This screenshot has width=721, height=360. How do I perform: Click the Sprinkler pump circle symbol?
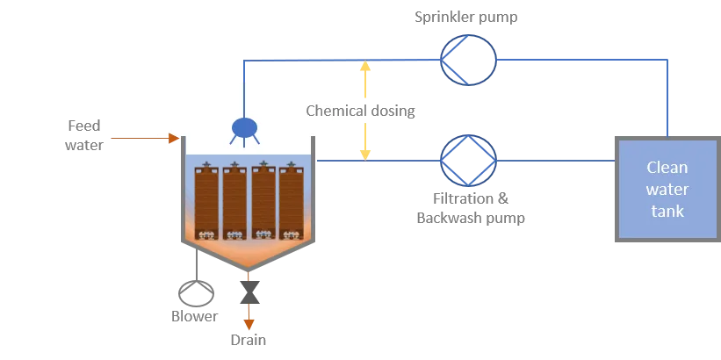tap(468, 60)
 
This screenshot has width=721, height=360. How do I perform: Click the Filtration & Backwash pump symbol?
tap(468, 161)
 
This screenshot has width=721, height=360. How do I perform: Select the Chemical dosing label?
tap(360, 112)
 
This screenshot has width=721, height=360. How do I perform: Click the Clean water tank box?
tap(667, 189)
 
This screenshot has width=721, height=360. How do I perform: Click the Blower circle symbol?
tap(194, 292)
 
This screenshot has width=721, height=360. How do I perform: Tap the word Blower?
tap(194, 316)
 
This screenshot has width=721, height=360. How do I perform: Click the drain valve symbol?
tap(249, 289)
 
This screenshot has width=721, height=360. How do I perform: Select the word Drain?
tap(248, 340)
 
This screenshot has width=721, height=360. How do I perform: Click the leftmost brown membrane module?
tap(207, 201)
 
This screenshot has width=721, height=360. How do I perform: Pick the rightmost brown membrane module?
tap(291, 201)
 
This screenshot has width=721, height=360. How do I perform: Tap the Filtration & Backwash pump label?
tap(471, 208)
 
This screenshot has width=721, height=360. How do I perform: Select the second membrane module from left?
tap(235, 201)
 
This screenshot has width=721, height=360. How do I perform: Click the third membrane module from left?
tap(263, 201)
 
